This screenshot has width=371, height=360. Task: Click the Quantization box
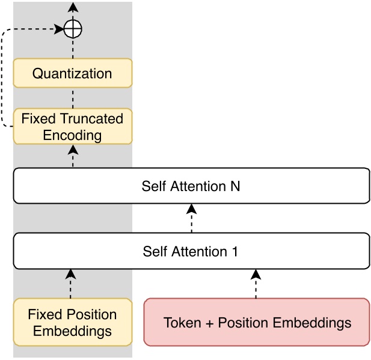coord(72,74)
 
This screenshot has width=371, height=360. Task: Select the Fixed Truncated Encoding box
coord(72,126)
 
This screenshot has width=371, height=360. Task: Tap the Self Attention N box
coord(191,186)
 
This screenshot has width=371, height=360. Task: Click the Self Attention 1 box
coord(191,251)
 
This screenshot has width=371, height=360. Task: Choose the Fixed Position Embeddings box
coord(72,322)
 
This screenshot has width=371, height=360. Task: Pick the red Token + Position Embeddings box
coord(257,322)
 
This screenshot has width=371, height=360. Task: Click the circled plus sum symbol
coord(72,29)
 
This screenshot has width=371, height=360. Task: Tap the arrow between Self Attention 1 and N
coord(191,218)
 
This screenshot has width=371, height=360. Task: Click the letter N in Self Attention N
coord(235,186)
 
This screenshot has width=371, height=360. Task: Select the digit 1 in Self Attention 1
coord(235,251)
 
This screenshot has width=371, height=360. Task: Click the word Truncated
coord(93,118)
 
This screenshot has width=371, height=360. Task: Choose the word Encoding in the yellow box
coord(72,135)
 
